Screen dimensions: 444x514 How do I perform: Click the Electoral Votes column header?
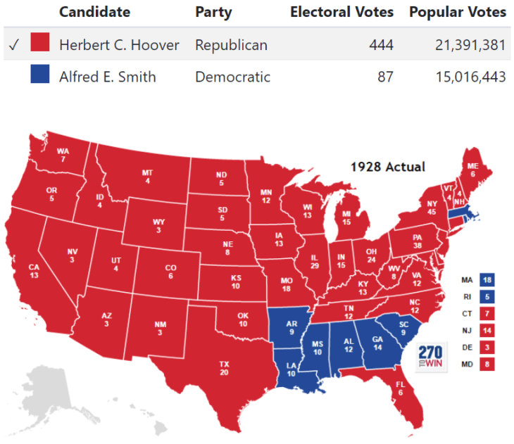(x=342, y=12)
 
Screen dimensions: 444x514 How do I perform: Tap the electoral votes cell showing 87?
(x=384, y=77)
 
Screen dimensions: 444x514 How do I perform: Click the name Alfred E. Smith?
(x=107, y=77)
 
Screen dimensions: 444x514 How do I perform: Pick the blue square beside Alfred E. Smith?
(x=40, y=77)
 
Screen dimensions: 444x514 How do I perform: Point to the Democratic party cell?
(x=232, y=77)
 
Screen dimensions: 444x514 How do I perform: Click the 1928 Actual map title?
(x=388, y=167)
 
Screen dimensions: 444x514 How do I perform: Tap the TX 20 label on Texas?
(x=224, y=368)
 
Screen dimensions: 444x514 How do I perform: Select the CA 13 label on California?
(x=34, y=271)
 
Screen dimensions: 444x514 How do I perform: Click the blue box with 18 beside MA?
(x=486, y=279)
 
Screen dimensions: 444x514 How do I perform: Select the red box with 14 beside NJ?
(x=486, y=329)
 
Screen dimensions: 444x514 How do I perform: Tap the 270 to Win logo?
(x=430, y=357)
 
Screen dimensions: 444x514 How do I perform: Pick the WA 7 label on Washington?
(x=63, y=155)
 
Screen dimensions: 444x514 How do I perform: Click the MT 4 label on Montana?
(x=146, y=177)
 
